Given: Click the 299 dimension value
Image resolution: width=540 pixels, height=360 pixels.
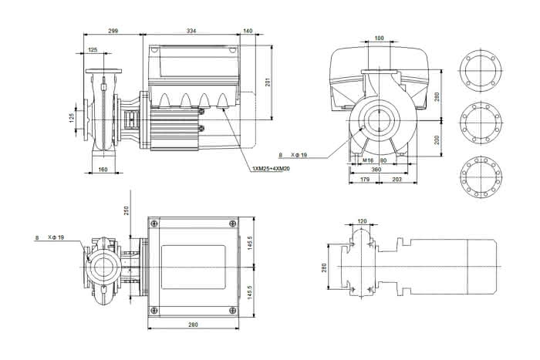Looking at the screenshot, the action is [113, 31].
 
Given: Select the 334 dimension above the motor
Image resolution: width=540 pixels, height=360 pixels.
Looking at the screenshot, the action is [191, 31].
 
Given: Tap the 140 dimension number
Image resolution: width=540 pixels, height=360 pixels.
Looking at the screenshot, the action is [248, 31].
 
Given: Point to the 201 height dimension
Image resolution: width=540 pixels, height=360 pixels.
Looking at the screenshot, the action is [268, 82].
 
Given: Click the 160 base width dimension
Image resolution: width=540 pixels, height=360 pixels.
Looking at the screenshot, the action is [103, 169].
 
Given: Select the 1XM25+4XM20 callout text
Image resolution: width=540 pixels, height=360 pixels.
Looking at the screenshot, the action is [271, 169].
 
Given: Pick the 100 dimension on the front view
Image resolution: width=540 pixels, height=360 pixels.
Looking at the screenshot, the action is [379, 39].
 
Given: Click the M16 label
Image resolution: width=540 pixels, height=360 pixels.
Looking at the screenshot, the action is [368, 160].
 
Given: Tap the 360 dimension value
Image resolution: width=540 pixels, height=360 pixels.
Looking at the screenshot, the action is [376, 170].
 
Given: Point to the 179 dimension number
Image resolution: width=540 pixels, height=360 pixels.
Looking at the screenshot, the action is [364, 180].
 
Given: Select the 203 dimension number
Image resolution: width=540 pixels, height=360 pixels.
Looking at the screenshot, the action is [397, 180].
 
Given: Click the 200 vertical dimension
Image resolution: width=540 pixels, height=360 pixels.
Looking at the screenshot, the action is [437, 140].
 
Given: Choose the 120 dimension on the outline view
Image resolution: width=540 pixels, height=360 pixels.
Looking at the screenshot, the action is [363, 221].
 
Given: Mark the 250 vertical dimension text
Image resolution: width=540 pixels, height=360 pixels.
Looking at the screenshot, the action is [126, 210].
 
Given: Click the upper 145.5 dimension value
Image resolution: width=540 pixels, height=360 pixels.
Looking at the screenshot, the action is [250, 243].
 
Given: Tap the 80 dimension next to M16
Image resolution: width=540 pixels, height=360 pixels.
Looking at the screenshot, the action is [383, 160].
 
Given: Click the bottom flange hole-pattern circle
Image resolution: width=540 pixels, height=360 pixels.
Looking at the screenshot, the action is [481, 177].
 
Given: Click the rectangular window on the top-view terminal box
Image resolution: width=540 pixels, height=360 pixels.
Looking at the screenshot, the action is [193, 267].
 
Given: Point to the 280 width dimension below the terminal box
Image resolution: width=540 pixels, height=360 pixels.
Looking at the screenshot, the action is [193, 325].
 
